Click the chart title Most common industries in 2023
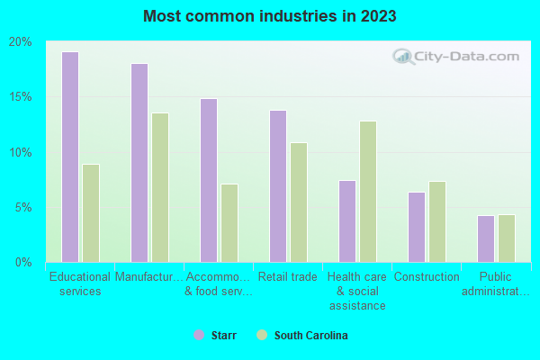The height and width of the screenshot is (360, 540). point(269,16)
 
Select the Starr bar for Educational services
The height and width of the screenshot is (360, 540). point(70,157)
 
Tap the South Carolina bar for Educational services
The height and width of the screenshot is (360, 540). point(91,213)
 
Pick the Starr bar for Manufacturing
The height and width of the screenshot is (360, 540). point(139,163)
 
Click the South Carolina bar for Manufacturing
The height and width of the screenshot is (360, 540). point(160,187)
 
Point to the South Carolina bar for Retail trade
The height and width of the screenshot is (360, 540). point(299,202)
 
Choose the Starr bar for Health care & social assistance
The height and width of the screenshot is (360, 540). point(347,221)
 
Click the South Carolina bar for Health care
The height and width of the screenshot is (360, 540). point(368,192)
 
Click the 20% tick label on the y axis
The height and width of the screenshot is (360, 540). point(20,42)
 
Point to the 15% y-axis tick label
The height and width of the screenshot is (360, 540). point(20,97)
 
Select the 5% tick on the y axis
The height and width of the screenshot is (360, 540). point(23,207)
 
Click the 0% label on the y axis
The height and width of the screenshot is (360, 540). point(23,262)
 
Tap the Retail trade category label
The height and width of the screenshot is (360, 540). point(287,277)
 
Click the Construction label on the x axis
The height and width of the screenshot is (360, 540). point(427,277)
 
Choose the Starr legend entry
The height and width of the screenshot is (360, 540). point(217,335)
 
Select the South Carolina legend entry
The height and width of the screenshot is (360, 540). point(301,335)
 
